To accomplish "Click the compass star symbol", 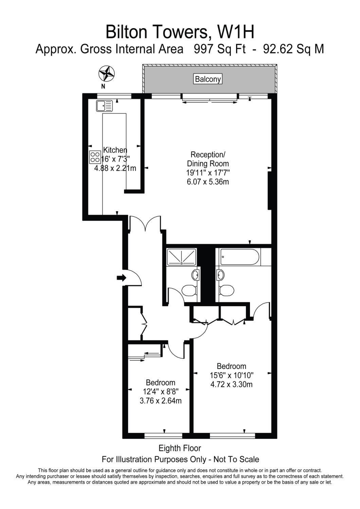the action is tap(106, 74).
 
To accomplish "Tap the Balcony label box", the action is tap(208, 79).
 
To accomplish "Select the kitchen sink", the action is tap(104, 106).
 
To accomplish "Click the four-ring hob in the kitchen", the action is tap(95, 157).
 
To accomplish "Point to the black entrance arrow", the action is tap(122, 278).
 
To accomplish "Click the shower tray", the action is tap(181, 257).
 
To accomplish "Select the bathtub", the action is tap(240, 257).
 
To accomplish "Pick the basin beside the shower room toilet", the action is tap(195, 276).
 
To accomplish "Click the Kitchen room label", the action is tap(115, 150).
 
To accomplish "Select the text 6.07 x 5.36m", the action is tap(208, 182).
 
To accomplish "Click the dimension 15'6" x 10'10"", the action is tap(231, 375).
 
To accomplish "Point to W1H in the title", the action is tap(236, 32).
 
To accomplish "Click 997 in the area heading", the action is tap(203, 49).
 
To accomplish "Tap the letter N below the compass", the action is tap(103, 86).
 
